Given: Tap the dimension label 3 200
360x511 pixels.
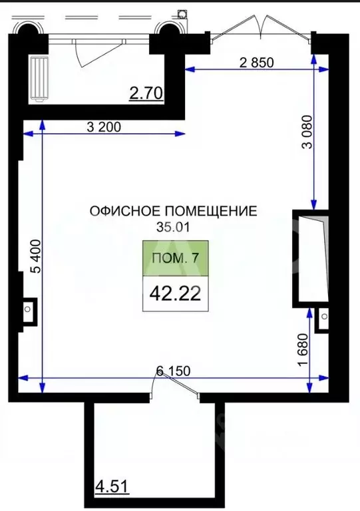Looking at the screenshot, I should point(104,127).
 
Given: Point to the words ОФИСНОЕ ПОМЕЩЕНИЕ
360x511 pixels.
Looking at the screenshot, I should point(174,212).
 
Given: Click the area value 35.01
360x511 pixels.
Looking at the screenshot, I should point(174,227).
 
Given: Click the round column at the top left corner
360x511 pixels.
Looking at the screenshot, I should point(28,28).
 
